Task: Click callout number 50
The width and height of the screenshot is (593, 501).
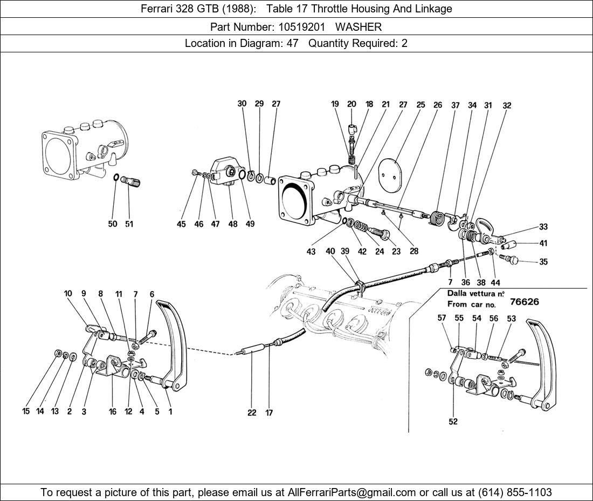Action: pyautogui.click(x=113, y=224)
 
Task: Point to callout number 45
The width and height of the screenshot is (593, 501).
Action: pyautogui.click(x=181, y=224)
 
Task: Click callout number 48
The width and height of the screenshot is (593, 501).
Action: pyautogui.click(x=232, y=224)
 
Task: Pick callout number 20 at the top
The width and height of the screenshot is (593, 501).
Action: pyautogui.click(x=351, y=104)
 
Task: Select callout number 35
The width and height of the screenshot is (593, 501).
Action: pyautogui.click(x=543, y=262)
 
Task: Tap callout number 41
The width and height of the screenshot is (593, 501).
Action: pyautogui.click(x=543, y=243)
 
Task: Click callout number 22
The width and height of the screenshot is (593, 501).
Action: pyautogui.click(x=252, y=413)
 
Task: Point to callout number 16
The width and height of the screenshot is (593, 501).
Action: pyautogui.click(x=112, y=412)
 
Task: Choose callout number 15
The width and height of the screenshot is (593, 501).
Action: pyautogui.click(x=25, y=412)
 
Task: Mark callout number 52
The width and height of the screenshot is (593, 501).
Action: pyautogui.click(x=453, y=422)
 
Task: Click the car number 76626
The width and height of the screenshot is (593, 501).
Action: pyautogui.click(x=524, y=301)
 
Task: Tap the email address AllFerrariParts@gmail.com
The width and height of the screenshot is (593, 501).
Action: pyautogui.click(x=352, y=492)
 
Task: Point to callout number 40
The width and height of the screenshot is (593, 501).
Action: pyautogui.click(x=330, y=251)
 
